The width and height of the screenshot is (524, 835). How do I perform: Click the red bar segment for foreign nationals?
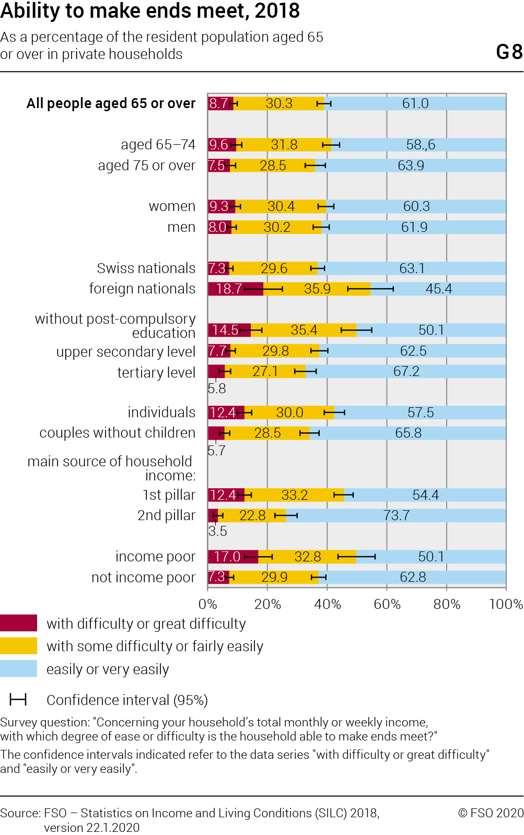pos(235,289)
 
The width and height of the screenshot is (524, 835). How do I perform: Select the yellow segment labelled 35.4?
pos(304,330)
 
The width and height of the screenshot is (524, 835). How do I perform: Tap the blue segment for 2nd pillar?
pos(395,515)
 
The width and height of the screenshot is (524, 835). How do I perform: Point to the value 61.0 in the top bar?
pos(415,103)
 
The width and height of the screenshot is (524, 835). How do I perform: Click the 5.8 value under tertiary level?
pos(217,389)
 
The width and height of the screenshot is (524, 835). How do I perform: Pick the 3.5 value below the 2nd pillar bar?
pos(217,531)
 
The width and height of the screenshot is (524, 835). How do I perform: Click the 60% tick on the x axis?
pos(387,604)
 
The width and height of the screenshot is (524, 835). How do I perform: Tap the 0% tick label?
pos(208,604)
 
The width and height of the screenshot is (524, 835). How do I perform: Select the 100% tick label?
pos(506,604)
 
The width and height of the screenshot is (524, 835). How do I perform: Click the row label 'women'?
pos(172,206)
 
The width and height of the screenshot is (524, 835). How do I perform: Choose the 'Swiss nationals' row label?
pos(146,268)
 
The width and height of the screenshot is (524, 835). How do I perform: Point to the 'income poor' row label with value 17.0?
pos(155,557)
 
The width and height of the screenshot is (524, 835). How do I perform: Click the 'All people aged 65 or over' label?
pos(111,103)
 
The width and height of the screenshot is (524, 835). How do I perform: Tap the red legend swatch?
pos(18,623)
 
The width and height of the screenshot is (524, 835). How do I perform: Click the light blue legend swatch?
pos(18,669)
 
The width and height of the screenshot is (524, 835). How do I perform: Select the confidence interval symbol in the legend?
pos(18,700)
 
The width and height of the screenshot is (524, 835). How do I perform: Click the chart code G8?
pos(509,52)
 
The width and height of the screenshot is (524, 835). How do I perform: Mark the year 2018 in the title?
pos(277,10)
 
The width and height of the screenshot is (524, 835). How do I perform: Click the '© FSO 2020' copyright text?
pos(490,813)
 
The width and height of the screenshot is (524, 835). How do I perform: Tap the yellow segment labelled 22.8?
pos(252,515)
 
